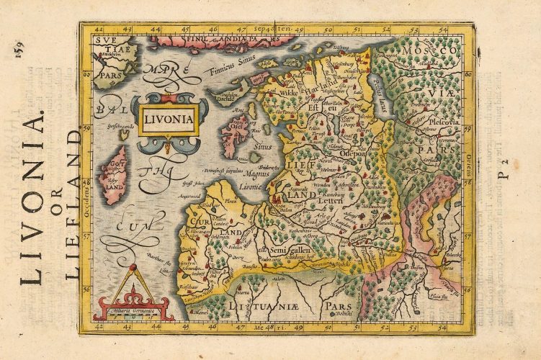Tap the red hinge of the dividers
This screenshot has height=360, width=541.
pyautogui.click(x=133, y=269)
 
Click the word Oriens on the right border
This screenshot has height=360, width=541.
pyautogui.click(x=469, y=162)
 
